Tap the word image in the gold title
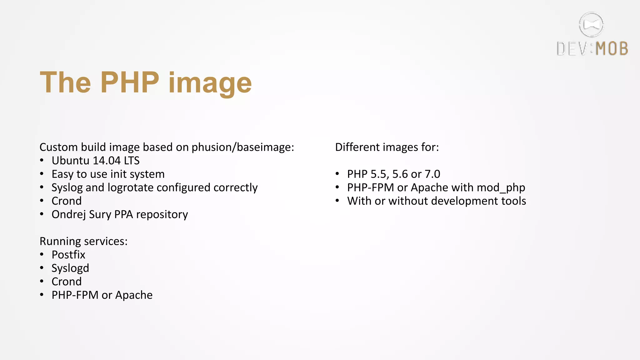(x=210, y=84)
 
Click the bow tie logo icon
(x=591, y=24)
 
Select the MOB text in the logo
(x=612, y=49)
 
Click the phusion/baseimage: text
(x=243, y=147)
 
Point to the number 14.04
(x=107, y=161)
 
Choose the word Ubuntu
(x=71, y=161)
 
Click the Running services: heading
(x=83, y=241)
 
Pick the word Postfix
(x=68, y=255)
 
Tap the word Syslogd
(x=70, y=268)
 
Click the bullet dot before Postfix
(x=42, y=255)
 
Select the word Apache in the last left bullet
(x=134, y=295)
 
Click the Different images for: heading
(x=387, y=147)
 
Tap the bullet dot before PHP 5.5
(x=337, y=174)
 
